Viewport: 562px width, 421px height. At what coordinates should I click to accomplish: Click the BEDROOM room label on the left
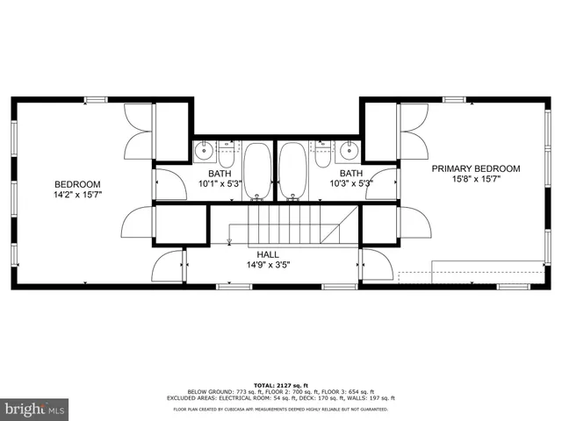pyautogui.click(x=78, y=183)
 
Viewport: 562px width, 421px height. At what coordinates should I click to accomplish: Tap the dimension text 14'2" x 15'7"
pyautogui.click(x=78, y=194)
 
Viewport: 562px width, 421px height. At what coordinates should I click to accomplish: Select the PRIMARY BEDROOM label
pyautogui.click(x=474, y=168)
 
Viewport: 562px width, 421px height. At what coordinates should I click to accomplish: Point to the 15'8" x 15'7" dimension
pyautogui.click(x=474, y=179)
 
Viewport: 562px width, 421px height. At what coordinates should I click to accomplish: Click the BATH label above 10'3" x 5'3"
pyautogui.click(x=351, y=174)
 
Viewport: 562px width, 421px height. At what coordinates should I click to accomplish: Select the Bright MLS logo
pyautogui.click(x=34, y=408)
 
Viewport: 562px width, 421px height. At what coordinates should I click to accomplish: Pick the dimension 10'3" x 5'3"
pyautogui.click(x=351, y=183)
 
